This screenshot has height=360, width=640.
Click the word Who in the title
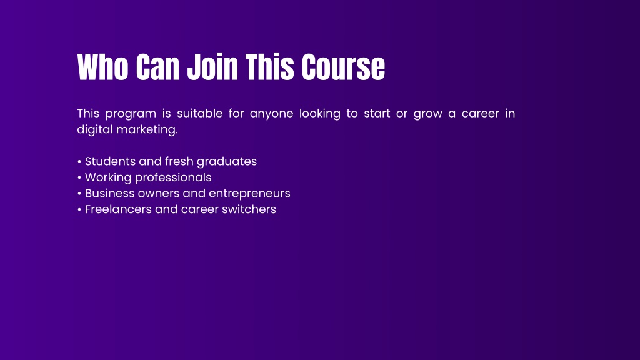tap(103, 67)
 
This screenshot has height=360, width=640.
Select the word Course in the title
tap(343, 67)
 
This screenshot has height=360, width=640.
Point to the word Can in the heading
tap(157, 67)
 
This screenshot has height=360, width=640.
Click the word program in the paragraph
tap(131, 114)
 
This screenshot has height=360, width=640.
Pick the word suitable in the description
tap(199, 113)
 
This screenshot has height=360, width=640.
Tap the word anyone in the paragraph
tap(271, 114)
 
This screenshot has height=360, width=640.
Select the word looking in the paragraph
tap(319, 114)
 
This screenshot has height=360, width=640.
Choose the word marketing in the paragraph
tap(146, 129)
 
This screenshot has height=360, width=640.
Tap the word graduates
tap(226, 162)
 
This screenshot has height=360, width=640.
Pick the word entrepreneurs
tap(249, 194)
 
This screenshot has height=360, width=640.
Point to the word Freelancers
tap(118, 209)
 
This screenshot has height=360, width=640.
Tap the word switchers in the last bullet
tap(249, 209)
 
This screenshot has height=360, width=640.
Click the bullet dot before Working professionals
tap(79, 177)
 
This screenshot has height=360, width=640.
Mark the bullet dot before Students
tap(79, 162)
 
